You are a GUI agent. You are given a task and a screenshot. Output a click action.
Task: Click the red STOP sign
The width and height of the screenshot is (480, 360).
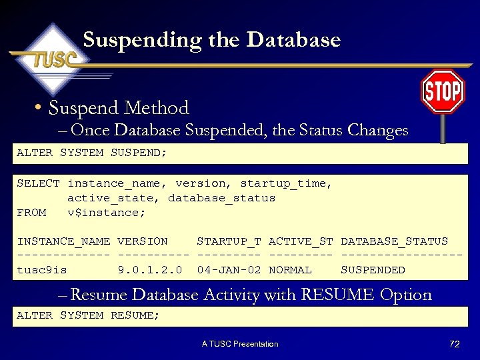click(x=443, y=91)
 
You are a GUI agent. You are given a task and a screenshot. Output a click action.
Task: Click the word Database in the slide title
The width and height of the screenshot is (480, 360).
click(x=293, y=40)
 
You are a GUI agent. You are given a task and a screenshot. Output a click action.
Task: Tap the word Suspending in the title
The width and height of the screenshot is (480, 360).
click(x=142, y=40)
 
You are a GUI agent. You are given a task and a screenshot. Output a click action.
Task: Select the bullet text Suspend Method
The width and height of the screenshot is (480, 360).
click(x=119, y=108)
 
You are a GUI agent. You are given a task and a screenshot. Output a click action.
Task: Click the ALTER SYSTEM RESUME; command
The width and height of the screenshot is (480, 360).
click(x=88, y=315)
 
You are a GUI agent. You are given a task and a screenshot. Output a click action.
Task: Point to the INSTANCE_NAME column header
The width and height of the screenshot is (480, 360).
click(x=63, y=241)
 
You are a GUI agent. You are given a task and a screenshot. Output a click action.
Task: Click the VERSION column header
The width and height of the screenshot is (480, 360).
click(x=142, y=241)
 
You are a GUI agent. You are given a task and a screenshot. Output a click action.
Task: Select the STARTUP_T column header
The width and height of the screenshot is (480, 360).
click(x=229, y=241)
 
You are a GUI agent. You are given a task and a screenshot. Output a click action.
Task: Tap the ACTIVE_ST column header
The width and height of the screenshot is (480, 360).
click(x=301, y=241)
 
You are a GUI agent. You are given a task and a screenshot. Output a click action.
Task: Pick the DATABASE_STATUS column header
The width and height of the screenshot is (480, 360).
click(x=394, y=241)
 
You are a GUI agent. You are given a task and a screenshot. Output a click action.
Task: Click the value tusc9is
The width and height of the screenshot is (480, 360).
click(x=41, y=270)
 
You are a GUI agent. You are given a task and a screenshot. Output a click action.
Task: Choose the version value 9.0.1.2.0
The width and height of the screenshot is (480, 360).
click(x=149, y=270)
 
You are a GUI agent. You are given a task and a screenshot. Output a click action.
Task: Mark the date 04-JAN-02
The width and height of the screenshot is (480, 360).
click(x=229, y=270)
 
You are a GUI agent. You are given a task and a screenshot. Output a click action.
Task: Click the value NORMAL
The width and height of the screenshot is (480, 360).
click(x=290, y=270)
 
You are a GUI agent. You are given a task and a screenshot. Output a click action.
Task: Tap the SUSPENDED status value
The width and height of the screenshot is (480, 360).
click(x=373, y=270)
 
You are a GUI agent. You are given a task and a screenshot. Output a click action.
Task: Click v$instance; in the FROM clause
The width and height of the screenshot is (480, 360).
click(x=106, y=213)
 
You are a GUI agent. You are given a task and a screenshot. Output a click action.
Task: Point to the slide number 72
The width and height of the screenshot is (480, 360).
click(x=455, y=344)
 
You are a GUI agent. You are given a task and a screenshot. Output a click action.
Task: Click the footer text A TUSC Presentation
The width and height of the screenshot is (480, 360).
click(x=240, y=344)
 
